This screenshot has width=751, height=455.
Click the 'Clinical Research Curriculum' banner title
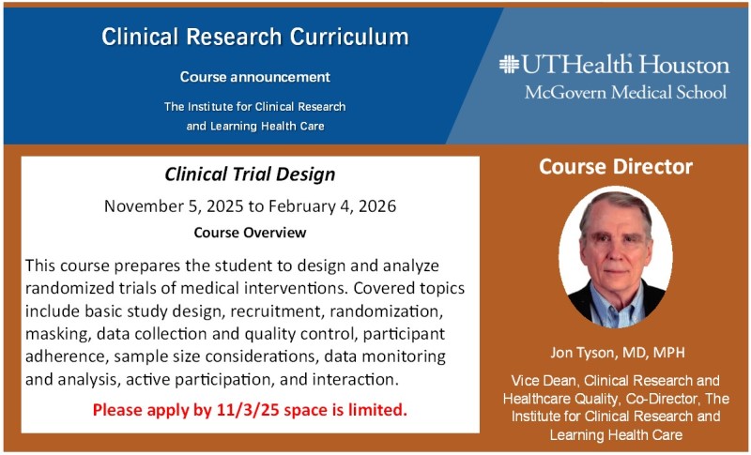tap(255, 37)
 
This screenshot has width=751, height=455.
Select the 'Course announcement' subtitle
tap(255, 77)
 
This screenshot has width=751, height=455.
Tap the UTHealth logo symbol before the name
tap(509, 64)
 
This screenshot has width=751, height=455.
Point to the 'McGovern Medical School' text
tap(625, 92)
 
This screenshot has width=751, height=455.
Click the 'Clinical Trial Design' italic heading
tap(250, 174)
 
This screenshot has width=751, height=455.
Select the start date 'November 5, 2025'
tap(174, 206)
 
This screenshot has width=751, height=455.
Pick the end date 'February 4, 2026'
tap(332, 206)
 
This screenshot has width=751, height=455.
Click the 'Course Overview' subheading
tap(250, 233)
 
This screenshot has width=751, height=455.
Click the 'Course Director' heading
tap(616, 166)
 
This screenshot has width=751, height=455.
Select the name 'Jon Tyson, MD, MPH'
tap(618, 353)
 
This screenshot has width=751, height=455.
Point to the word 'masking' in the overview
tap(57, 334)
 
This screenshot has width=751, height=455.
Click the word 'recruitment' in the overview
tap(276, 311)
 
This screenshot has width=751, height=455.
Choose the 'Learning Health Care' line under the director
tap(616, 435)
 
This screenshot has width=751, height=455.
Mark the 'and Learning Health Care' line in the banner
tap(255, 127)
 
